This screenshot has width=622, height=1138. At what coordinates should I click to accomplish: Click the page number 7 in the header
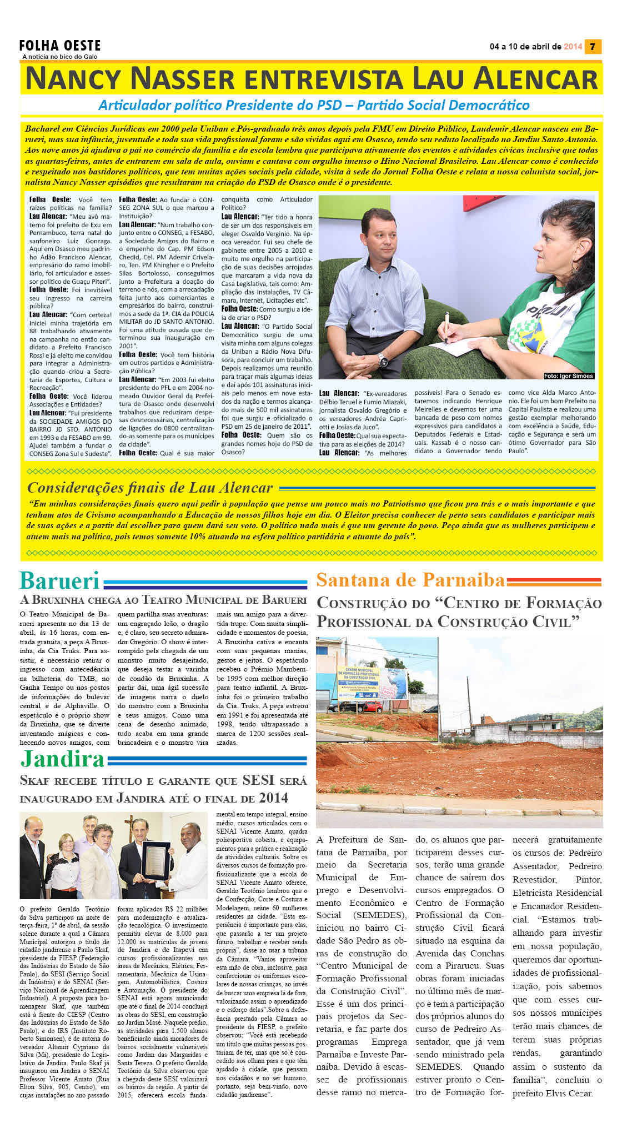(x=593, y=47)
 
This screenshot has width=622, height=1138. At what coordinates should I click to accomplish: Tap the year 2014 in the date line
(x=573, y=47)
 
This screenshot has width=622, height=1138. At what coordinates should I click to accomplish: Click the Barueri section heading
(x=60, y=580)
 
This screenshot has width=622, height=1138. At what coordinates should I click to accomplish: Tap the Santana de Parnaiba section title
(x=410, y=580)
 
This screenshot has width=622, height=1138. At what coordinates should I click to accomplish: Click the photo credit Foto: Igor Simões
(x=568, y=376)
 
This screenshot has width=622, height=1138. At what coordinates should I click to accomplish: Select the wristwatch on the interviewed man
(x=384, y=361)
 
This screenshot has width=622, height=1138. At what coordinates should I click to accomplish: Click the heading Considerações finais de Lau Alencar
(x=150, y=488)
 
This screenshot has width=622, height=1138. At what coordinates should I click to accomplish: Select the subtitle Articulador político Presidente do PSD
(x=314, y=105)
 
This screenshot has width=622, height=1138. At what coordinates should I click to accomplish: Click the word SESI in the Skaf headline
(x=258, y=780)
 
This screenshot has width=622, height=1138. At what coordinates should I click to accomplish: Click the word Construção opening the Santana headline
(x=373, y=603)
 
